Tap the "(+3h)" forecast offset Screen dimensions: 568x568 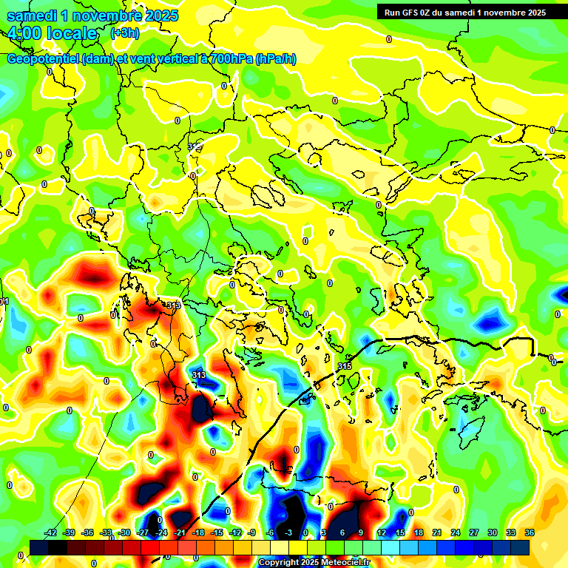click(x=124, y=33)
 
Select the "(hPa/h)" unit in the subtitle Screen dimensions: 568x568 click(x=276, y=59)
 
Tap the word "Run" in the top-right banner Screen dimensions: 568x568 click(x=391, y=13)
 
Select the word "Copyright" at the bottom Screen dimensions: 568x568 click(x=280, y=563)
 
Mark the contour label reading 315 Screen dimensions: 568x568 click(x=345, y=366)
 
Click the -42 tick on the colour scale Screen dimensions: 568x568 click(x=51, y=532)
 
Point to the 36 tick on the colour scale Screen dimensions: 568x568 click(x=530, y=532)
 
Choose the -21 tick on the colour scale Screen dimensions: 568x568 click(x=180, y=532)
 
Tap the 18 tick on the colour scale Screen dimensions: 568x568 click(x=419, y=532)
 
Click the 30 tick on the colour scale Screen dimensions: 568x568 click(x=493, y=532)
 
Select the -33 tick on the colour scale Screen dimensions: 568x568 click(x=106, y=532)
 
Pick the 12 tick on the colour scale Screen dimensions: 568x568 click(x=382, y=532)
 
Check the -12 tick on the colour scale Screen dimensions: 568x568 click(x=235, y=532)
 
